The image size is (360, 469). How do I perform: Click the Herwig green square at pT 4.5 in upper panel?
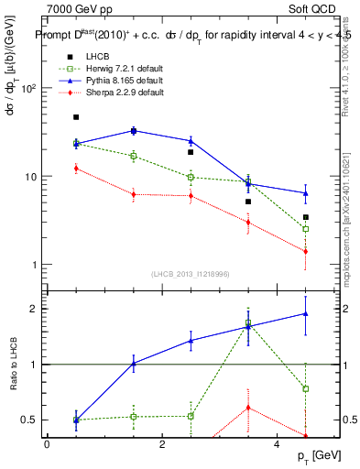coord(306,229)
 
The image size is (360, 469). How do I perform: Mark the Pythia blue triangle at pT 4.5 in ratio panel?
coord(306,313)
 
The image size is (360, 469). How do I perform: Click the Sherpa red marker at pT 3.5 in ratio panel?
coord(248,407)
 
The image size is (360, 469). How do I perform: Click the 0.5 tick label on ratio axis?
coord(27,420)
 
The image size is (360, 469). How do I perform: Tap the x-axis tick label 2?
coord(162,444)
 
